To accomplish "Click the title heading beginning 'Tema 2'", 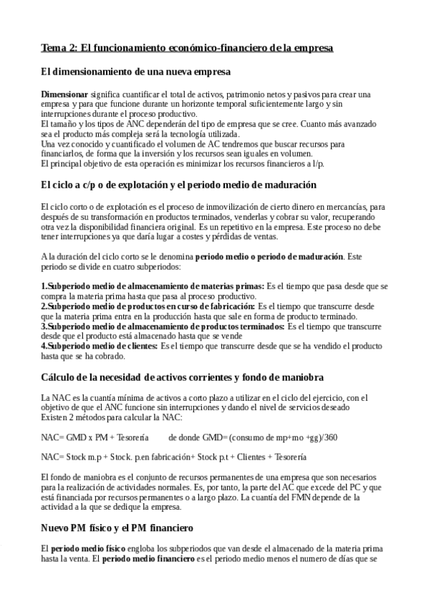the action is click(186, 48).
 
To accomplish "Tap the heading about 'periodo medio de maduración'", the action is click(178, 185).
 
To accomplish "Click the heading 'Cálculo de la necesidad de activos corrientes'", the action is click(182, 377).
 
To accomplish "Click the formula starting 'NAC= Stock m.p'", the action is click(174, 455).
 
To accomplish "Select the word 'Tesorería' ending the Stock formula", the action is click(289, 455).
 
